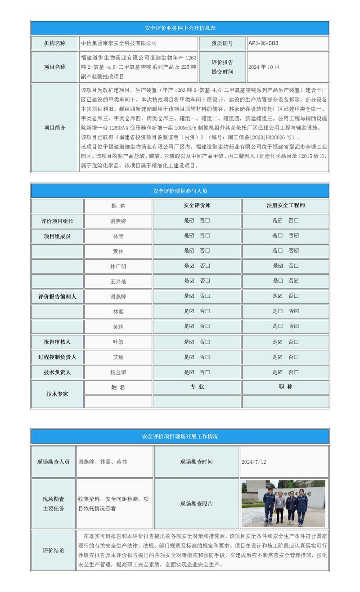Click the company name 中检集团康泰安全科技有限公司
tap(119, 43)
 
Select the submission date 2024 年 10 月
tap(264, 67)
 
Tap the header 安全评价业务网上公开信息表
tap(180, 28)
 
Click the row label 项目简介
tap(54, 128)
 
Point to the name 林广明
tap(118, 266)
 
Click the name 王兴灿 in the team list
tap(118, 281)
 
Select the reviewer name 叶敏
tap(118, 342)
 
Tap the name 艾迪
tap(118, 357)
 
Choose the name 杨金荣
tap(118, 372)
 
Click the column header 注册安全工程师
tap(285, 206)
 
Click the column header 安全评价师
tap(197, 206)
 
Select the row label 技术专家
tap(57, 394)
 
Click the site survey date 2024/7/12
tap(254, 462)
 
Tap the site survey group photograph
tap(283, 503)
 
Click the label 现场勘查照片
tap(196, 504)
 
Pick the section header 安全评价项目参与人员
tap(180, 191)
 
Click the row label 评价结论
tap(54, 551)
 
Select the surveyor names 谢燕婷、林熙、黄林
tap(103, 462)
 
